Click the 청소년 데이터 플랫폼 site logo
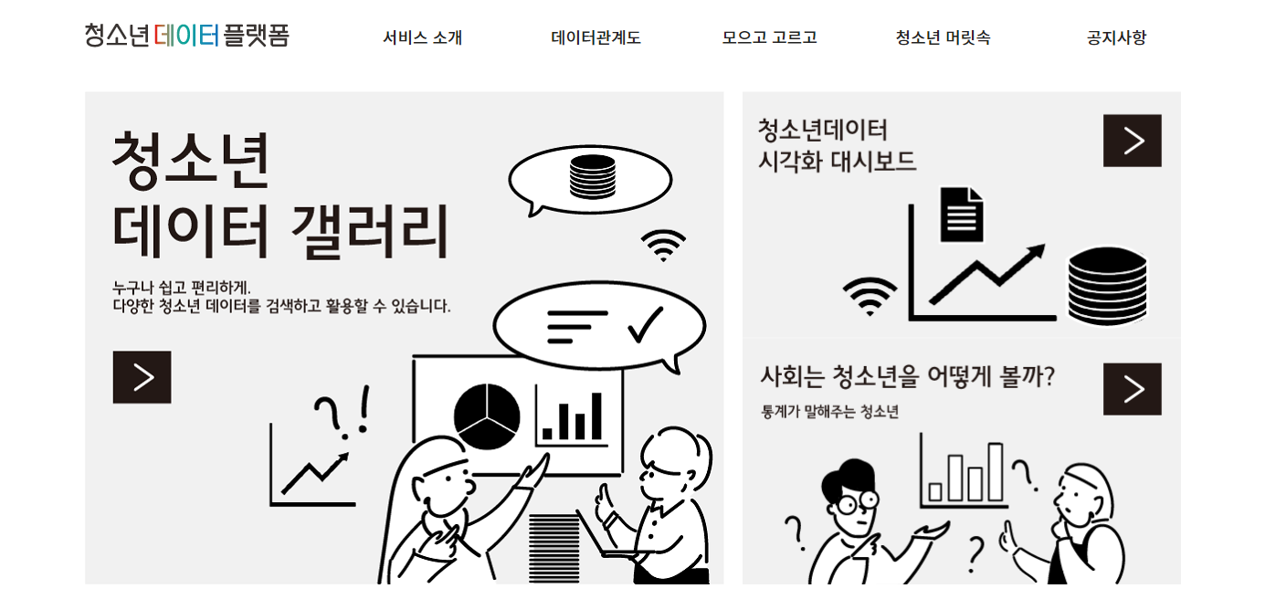tap(186, 35)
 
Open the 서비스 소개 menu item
tap(422, 37)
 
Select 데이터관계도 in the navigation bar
tap(596, 37)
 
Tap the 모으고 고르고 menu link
tap(769, 37)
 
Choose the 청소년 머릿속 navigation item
tap(943, 37)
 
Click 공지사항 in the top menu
tap(1116, 37)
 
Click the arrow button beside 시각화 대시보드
tap(1133, 141)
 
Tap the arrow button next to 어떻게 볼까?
tap(1133, 389)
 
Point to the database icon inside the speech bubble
tap(593, 177)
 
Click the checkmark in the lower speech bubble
tap(646, 325)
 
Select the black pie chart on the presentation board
tap(487, 416)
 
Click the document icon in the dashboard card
tap(962, 215)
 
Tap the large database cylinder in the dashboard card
tap(1107, 286)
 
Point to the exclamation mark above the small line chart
tap(364, 410)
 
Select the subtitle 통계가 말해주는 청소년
tap(829, 412)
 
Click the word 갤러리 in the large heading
tap(370, 232)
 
